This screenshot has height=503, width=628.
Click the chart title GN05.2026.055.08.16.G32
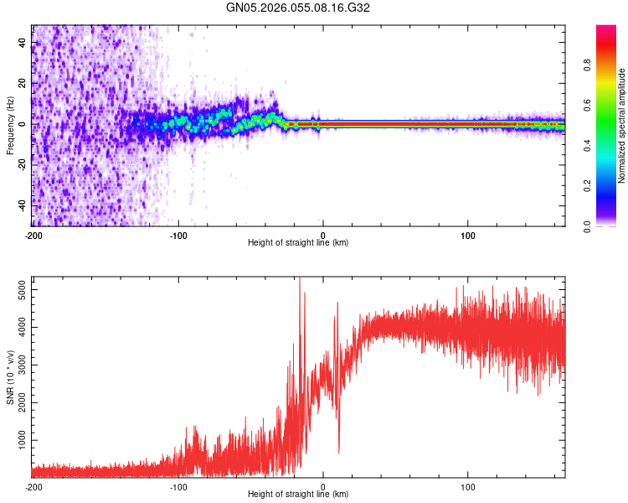coord(298,8)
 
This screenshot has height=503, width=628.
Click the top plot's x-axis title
coord(298,242)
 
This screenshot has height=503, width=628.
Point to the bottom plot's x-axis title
coord(298,494)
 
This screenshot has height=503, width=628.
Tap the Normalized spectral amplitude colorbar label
coord(622,126)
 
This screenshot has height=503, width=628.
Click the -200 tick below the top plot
coord(33,234)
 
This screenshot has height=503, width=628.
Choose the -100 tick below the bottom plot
coord(178,485)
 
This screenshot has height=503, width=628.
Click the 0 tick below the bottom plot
coord(323,485)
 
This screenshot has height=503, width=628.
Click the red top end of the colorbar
coord(606,30)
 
